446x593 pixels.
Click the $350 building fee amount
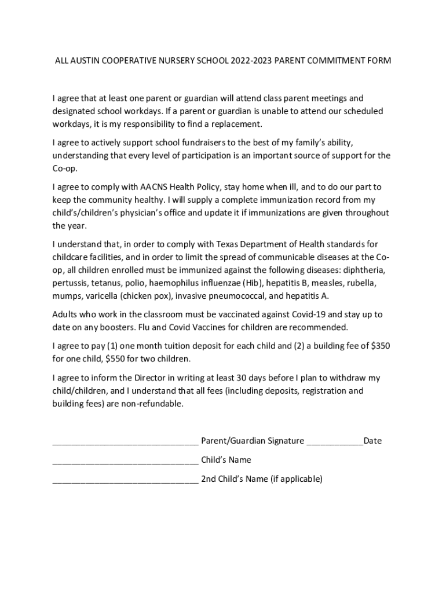click(379, 346)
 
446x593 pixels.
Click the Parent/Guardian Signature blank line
click(125, 444)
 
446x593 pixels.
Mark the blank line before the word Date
click(334, 444)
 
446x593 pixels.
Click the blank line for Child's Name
click(125, 463)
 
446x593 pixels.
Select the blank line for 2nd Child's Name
click(125, 482)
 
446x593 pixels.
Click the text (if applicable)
click(296, 479)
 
